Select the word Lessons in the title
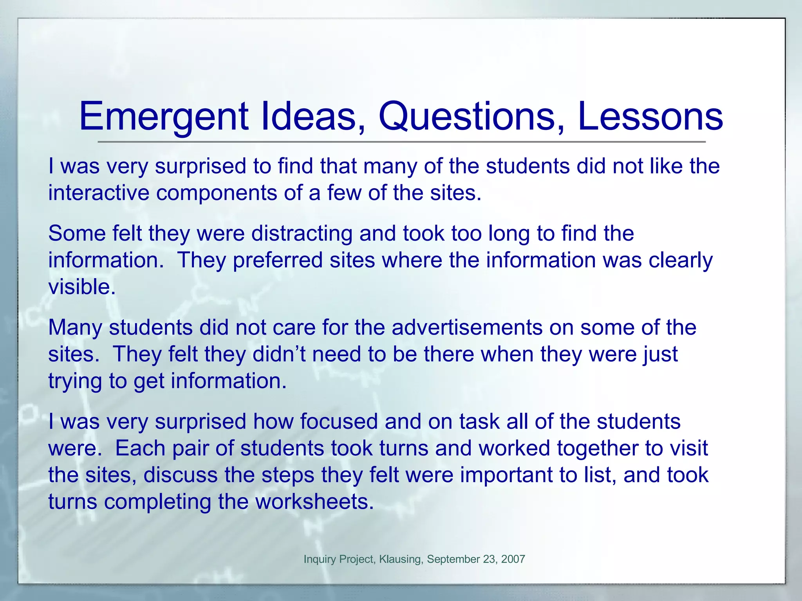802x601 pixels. (x=650, y=117)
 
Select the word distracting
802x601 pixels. (x=302, y=234)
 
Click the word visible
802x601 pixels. (x=82, y=287)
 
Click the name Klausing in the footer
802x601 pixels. (x=401, y=559)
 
